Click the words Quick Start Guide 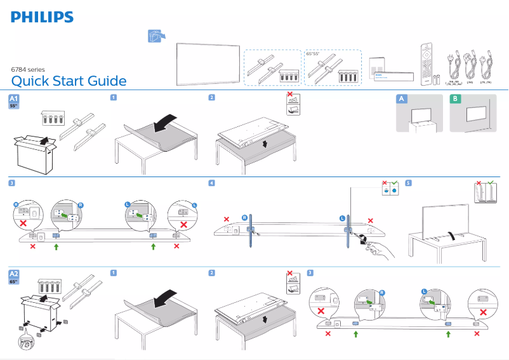(69, 81)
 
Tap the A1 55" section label (14, 102)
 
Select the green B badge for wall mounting (455, 98)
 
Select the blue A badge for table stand (401, 98)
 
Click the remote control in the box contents (425, 64)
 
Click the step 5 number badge (408, 183)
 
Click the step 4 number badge (211, 183)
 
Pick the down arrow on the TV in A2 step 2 (265, 319)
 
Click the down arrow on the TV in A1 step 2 (265, 143)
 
